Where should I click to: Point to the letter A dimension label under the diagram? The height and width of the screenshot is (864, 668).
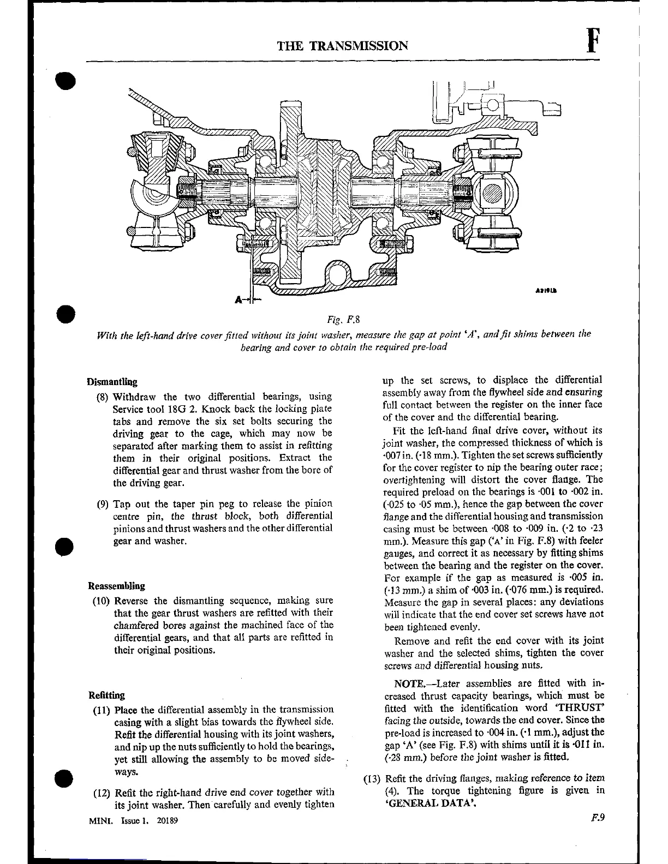click(x=238, y=299)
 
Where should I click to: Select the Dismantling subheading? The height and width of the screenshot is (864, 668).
click(x=112, y=382)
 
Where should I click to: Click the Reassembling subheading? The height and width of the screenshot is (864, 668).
click(x=116, y=586)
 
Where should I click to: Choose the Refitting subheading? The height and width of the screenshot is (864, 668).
click(x=106, y=695)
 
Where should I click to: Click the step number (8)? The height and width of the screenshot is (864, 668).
click(x=103, y=397)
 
